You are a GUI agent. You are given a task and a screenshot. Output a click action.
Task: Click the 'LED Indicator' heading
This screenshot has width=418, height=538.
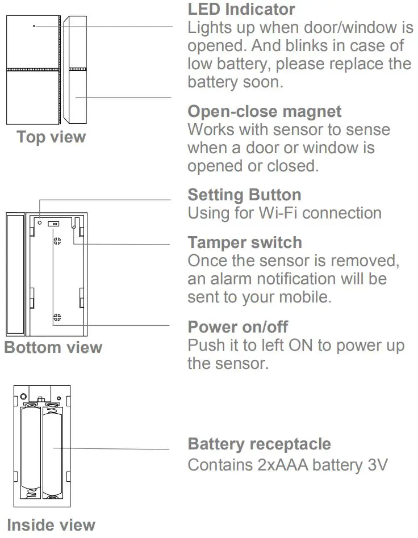[241, 10]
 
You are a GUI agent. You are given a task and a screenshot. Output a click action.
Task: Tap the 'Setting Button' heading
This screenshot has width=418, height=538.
[244, 195]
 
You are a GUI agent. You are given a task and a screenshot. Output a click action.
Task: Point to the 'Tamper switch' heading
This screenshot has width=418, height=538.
[245, 242]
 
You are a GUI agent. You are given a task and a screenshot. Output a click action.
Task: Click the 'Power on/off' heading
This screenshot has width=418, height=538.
[237, 327]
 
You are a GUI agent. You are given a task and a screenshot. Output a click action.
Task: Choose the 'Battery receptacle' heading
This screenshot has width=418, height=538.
[259, 444]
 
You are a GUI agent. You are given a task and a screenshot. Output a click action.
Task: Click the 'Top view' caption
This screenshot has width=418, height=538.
[51, 137]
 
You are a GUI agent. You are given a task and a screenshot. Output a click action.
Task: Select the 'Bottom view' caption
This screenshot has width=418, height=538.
[53, 347]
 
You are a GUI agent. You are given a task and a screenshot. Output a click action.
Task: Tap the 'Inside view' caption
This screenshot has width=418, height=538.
[51, 525]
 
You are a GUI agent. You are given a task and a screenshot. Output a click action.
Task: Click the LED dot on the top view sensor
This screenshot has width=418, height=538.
[34, 26]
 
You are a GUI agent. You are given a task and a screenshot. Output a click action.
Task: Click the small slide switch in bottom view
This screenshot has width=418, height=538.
[53, 224]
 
